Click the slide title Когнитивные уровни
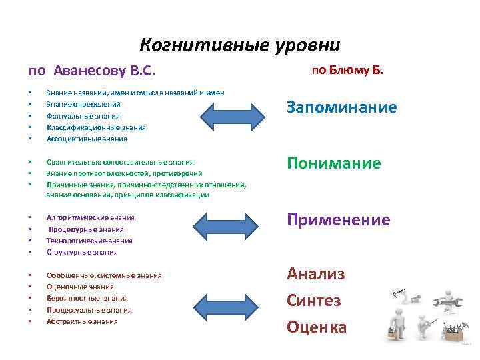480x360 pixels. tap(239, 45)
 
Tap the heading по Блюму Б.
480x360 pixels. tap(347, 69)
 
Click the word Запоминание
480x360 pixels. tap(341, 107)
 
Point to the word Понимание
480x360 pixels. tap(334, 163)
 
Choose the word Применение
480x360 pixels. tap(338, 220)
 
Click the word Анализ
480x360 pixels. tap(316, 273)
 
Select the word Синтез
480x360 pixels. tap(314, 300)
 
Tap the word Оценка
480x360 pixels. tap(317, 327)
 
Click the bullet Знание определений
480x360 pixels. tap(83, 104)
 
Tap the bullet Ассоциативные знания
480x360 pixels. tap(87, 139)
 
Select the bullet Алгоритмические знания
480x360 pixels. tap(90, 217)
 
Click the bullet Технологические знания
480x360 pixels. tap(89, 241)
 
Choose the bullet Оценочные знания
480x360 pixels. tap(80, 287)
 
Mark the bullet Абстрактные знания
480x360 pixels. tap(82, 321)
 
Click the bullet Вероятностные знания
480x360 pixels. tap(87, 298)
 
